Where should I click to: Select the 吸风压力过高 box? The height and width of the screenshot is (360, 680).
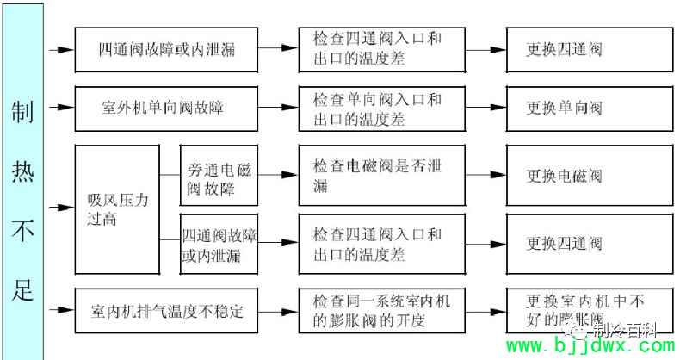118,208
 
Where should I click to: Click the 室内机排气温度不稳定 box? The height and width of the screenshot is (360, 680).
167,309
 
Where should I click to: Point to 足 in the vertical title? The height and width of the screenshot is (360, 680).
23,289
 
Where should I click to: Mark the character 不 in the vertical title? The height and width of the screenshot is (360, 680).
23,230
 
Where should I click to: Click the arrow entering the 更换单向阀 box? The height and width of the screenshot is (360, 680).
486,108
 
